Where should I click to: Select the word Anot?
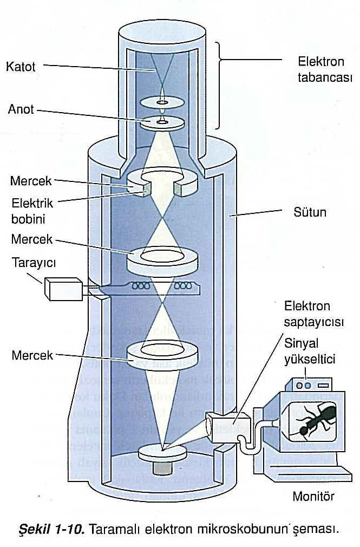pyautogui.click(x=21, y=109)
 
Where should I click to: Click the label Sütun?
pyautogui.click(x=311, y=212)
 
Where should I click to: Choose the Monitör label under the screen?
pyautogui.click(x=313, y=496)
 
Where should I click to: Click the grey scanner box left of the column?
pyautogui.click(x=64, y=288)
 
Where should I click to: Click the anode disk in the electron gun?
pyautogui.click(x=161, y=122)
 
